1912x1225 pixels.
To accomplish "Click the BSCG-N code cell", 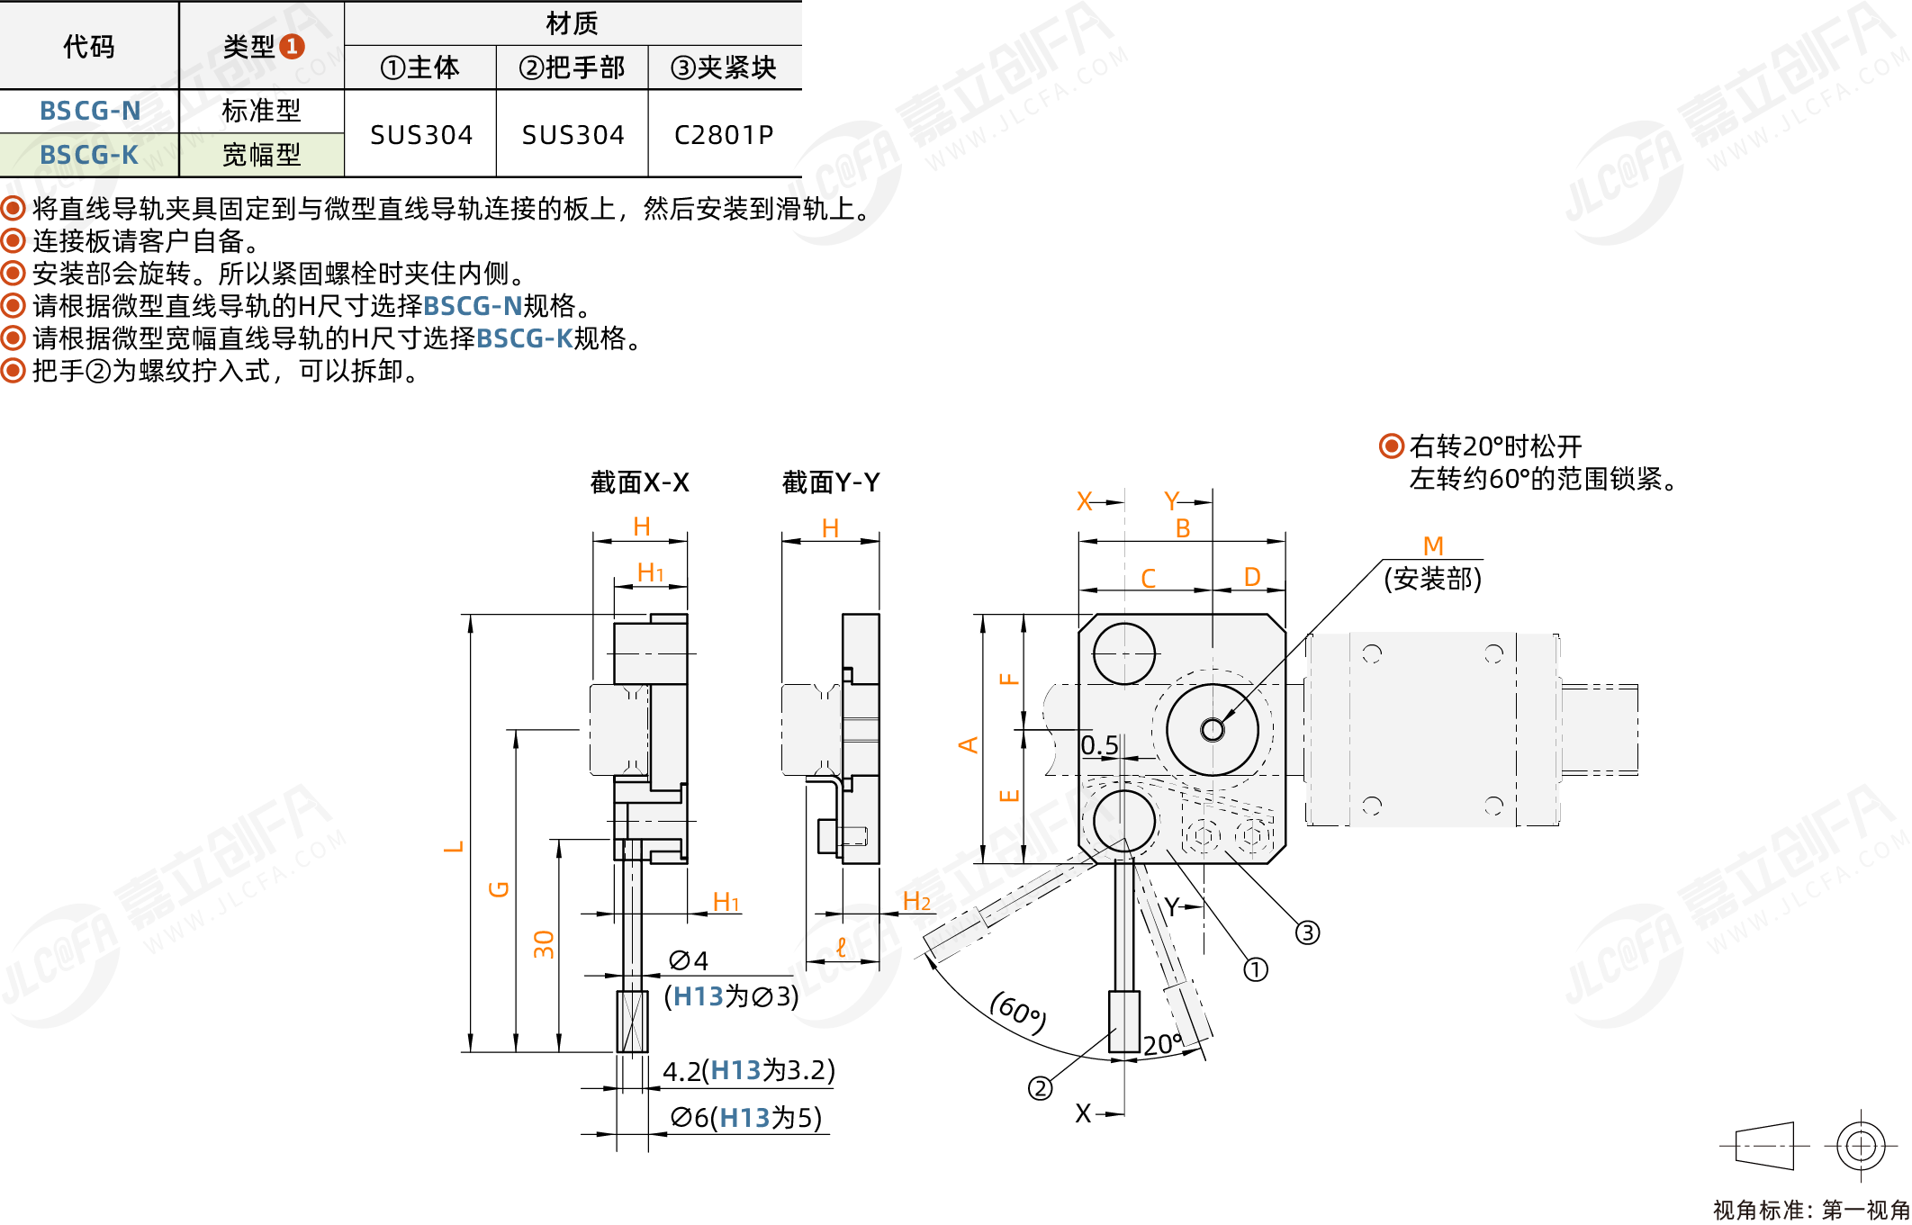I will tap(90, 111).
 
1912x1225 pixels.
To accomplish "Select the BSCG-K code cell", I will tap(89, 155).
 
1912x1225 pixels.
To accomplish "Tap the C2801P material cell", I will tap(724, 134).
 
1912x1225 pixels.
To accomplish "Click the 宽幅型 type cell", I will tap(261, 155).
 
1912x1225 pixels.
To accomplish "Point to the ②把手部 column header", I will tap(572, 68).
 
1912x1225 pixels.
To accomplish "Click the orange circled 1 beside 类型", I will tap(292, 46).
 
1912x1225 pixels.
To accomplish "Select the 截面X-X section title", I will tap(639, 482).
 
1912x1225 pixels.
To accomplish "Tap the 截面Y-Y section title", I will tap(830, 482).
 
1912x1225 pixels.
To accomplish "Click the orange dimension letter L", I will tap(454, 846).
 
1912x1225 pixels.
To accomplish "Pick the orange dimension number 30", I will tap(544, 944).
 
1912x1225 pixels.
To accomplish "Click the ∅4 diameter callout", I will tap(689, 960).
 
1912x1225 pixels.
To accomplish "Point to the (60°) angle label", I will tap(1018, 1013).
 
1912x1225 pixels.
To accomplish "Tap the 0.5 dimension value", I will tap(1099, 745).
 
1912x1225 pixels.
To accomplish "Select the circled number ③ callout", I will tap(1307, 932).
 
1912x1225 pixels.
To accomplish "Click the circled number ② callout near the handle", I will tap(1040, 1088).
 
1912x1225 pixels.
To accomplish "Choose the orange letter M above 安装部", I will tap(1433, 545).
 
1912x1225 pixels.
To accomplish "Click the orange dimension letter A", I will tap(968, 745).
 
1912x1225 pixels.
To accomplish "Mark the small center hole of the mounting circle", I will tap(1213, 729).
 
